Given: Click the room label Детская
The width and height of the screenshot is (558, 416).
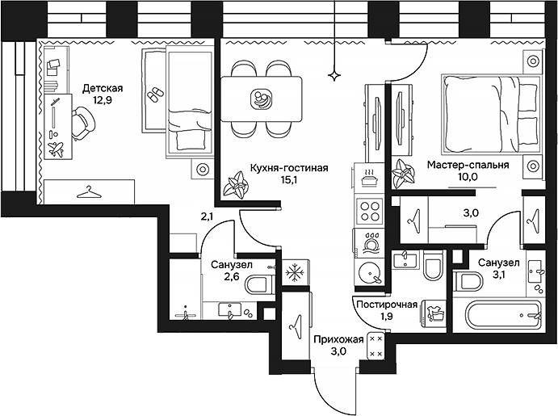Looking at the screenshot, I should click(x=103, y=89).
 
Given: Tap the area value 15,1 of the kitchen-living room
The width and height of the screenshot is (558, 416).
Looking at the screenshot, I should click(x=288, y=182).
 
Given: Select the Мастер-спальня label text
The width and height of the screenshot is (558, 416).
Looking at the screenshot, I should click(x=468, y=166).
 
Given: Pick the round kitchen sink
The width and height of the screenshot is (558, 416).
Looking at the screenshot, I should click(x=370, y=272).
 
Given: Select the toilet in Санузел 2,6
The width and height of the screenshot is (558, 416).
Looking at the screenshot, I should click(x=258, y=284).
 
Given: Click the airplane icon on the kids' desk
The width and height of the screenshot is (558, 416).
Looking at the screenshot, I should click(x=56, y=149).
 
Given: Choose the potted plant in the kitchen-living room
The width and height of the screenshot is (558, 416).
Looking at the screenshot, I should click(x=237, y=184).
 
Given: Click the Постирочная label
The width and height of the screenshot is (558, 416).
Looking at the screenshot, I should click(x=386, y=305).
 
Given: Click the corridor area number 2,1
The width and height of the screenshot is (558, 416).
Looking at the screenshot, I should click(x=208, y=216).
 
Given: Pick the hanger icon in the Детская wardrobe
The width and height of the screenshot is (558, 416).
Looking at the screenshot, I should click(x=87, y=192).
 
